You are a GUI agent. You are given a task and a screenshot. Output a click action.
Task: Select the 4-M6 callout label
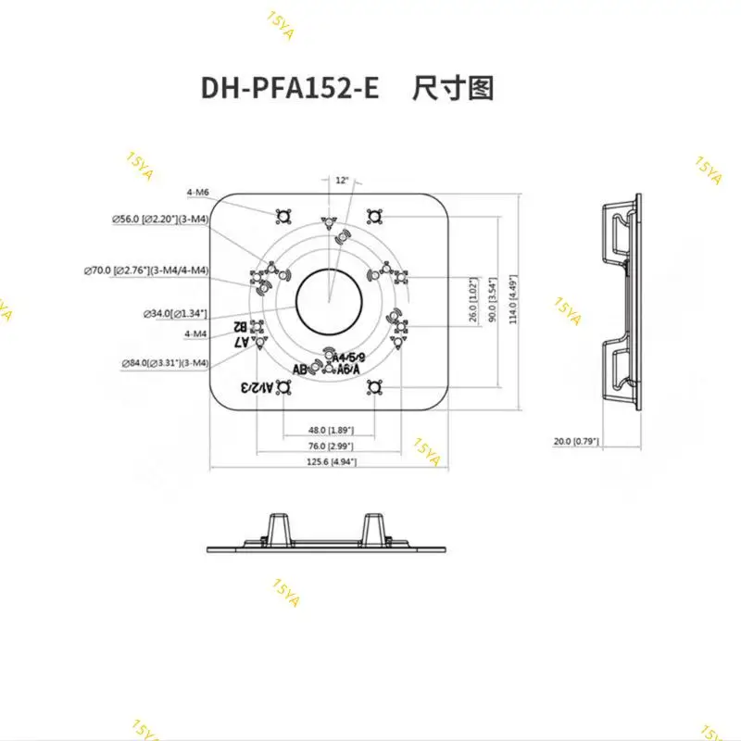tap(196, 192)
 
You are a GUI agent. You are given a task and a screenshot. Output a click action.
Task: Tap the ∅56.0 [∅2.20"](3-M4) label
tap(159, 219)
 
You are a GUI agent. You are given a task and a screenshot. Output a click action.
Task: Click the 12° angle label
tap(343, 182)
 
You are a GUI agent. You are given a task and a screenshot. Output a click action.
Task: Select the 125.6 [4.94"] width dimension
tap(328, 460)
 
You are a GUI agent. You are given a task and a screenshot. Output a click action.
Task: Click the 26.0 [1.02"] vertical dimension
tap(473, 300)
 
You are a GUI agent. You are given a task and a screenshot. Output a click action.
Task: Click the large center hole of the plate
tap(328, 299)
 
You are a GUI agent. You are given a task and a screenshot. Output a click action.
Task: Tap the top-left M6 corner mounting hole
tap(284, 217)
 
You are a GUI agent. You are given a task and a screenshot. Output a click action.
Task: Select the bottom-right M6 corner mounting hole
tap(374, 387)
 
